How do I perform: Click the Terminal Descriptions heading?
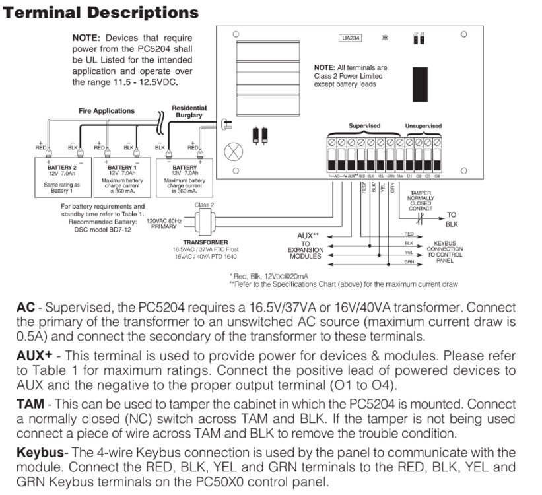click(100, 13)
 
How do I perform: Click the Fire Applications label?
click(106, 111)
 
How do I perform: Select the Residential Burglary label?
click(189, 112)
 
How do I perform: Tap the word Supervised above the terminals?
click(364, 125)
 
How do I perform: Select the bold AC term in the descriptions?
click(25, 308)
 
